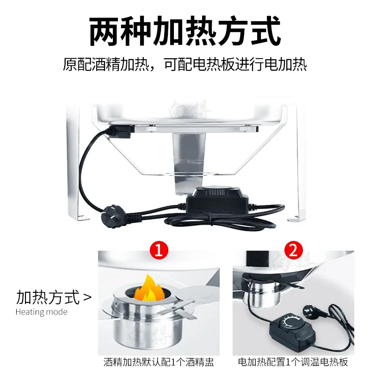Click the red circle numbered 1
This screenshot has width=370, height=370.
158,251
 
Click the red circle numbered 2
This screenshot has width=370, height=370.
292,251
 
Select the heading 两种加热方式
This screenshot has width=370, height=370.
185,31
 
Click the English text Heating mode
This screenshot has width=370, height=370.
42,312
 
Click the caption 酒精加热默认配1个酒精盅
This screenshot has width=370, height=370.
158,362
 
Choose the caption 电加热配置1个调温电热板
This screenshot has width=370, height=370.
292,362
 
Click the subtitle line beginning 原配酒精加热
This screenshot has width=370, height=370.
185,64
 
